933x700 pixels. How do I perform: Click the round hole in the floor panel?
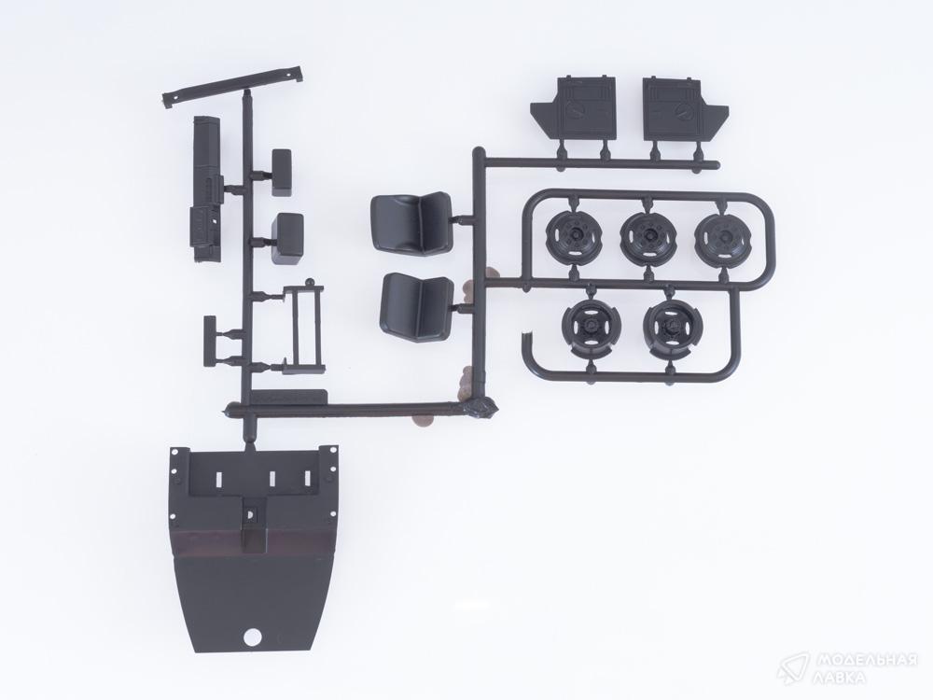click(x=252, y=637)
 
